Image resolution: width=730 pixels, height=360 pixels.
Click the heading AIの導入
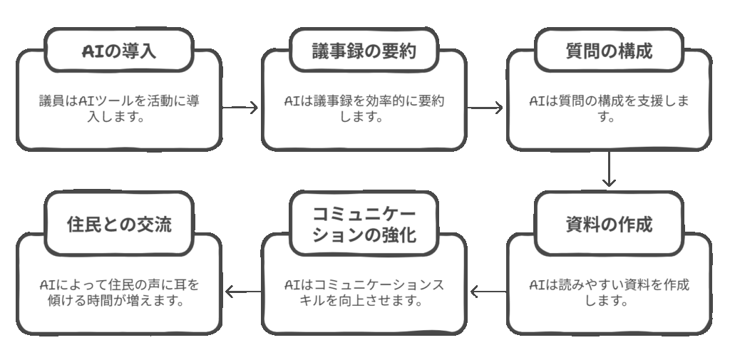point(119,51)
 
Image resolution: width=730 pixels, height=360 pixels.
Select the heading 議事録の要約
point(364,51)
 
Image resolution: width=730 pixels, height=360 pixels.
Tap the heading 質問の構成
point(609,51)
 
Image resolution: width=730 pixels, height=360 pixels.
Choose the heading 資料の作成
point(609,224)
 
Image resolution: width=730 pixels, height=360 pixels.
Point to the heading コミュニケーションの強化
point(364,224)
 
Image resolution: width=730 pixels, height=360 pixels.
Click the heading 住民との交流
point(119,224)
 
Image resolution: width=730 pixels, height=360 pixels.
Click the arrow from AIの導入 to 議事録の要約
point(240,108)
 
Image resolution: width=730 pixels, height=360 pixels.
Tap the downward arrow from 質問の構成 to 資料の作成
point(608,170)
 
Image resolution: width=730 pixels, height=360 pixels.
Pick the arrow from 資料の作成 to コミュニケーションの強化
point(486,291)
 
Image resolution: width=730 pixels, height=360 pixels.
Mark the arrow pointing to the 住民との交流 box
point(242,291)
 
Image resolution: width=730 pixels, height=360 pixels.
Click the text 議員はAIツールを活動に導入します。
point(119,108)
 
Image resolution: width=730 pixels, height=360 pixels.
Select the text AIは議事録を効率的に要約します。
point(364,108)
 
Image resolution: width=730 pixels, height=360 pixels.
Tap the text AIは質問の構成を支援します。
point(609,108)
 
